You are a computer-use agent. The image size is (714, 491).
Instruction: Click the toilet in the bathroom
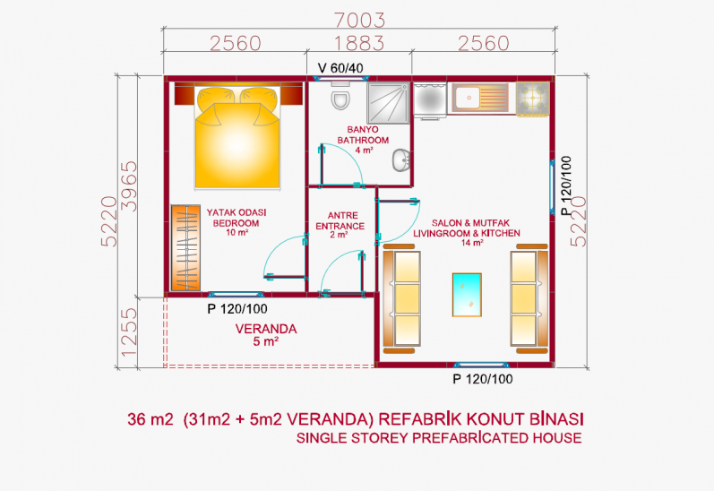click(x=340, y=96)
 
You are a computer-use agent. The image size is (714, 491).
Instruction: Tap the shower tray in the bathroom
click(x=389, y=103)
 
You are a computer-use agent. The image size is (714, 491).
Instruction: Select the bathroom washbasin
click(x=401, y=159)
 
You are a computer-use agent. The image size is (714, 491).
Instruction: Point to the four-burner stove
click(x=532, y=99)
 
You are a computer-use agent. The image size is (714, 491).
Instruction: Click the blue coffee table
click(x=467, y=295)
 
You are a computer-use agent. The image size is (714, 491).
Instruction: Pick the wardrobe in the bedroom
click(x=185, y=248)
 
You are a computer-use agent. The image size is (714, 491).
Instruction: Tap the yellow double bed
click(x=237, y=135)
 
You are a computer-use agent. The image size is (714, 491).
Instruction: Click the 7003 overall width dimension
click(x=359, y=20)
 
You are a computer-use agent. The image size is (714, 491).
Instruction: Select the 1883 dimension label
click(x=359, y=43)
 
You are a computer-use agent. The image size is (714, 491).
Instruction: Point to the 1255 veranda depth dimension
click(x=129, y=332)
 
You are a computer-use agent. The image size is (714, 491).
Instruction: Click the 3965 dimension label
click(x=129, y=185)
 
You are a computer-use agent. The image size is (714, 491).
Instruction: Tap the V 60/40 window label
click(x=340, y=68)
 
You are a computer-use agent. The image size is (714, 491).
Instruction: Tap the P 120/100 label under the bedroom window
click(x=237, y=309)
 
